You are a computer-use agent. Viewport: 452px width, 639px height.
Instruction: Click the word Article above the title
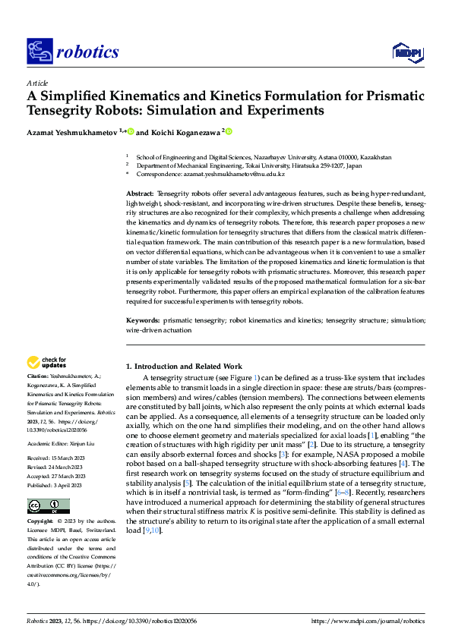coord(36,83)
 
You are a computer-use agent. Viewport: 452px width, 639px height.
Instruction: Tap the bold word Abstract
coord(140,195)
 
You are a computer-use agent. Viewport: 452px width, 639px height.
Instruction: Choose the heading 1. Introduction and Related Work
coord(184,366)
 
